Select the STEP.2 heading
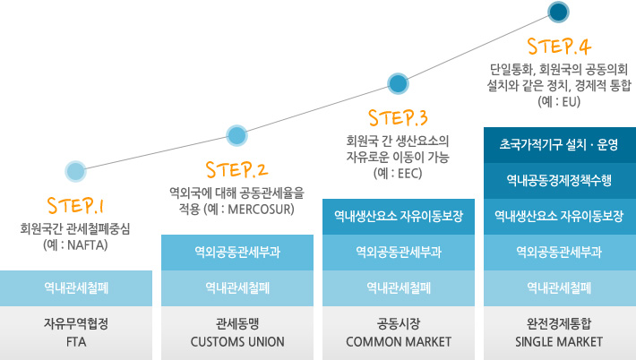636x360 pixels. click(236, 168)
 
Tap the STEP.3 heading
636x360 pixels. click(399, 116)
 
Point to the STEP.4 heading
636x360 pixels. click(559, 46)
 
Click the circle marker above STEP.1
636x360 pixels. click(76, 170)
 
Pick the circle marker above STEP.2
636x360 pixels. click(236, 136)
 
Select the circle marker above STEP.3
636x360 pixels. click(398, 84)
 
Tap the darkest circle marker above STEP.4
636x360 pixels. click(559, 12)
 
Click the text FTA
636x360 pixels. click(76, 342)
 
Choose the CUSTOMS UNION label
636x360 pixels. click(237, 342)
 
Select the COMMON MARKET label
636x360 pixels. click(399, 342)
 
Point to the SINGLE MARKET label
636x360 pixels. click(559, 342)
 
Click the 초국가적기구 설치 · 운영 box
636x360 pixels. click(559, 144)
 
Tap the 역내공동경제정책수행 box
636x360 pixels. click(559, 180)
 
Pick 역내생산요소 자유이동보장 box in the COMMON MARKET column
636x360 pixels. click(399, 216)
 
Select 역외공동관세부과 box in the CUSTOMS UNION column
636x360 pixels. click(237, 252)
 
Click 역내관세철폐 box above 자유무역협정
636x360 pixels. click(76, 287)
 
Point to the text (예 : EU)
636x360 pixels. click(559, 102)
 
